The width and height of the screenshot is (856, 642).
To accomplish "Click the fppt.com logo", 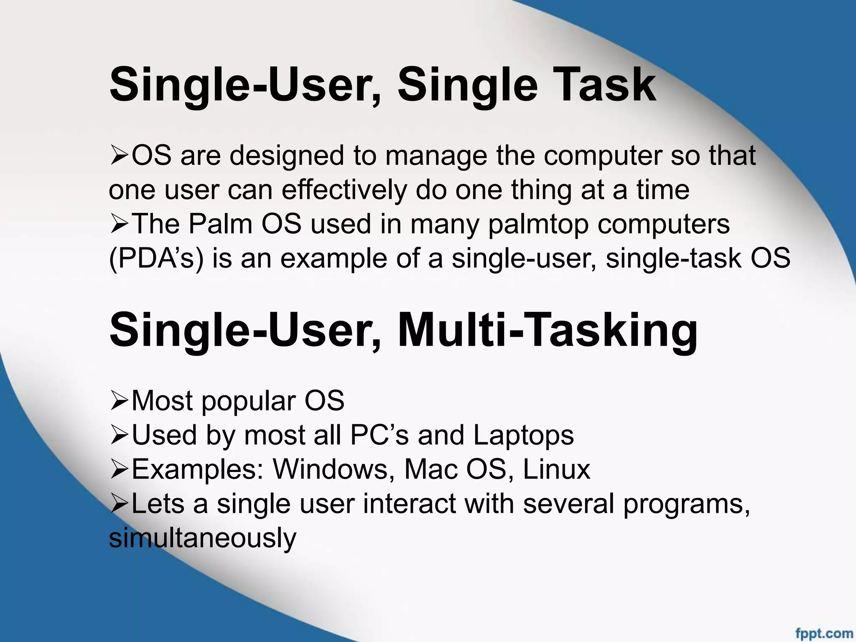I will [824, 633].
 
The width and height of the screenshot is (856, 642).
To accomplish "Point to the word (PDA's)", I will [156, 258].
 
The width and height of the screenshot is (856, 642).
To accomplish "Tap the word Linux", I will [556, 469].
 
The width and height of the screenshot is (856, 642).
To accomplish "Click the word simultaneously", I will [202, 538].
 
